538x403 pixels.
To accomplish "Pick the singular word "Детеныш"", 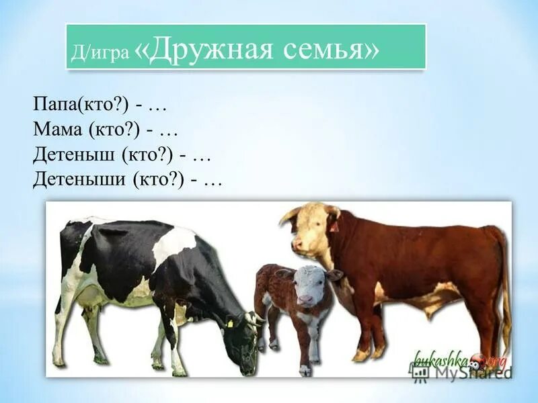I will click(75, 155).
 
